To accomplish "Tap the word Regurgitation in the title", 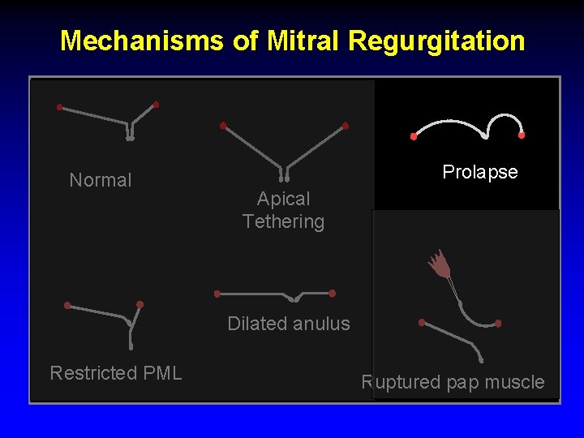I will (x=436, y=41).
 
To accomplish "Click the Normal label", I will (x=101, y=180).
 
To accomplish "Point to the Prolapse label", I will (x=480, y=172).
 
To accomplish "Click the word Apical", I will (x=283, y=199).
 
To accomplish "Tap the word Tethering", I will (x=283, y=221).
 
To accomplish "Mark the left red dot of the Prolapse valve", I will (x=414, y=136).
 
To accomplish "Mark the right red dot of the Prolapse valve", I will (x=522, y=135).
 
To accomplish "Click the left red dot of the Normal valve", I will (x=59, y=107).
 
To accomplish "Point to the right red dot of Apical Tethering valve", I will (x=346, y=126).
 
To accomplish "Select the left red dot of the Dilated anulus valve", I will (x=217, y=294).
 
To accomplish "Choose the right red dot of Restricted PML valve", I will (x=140, y=304).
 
